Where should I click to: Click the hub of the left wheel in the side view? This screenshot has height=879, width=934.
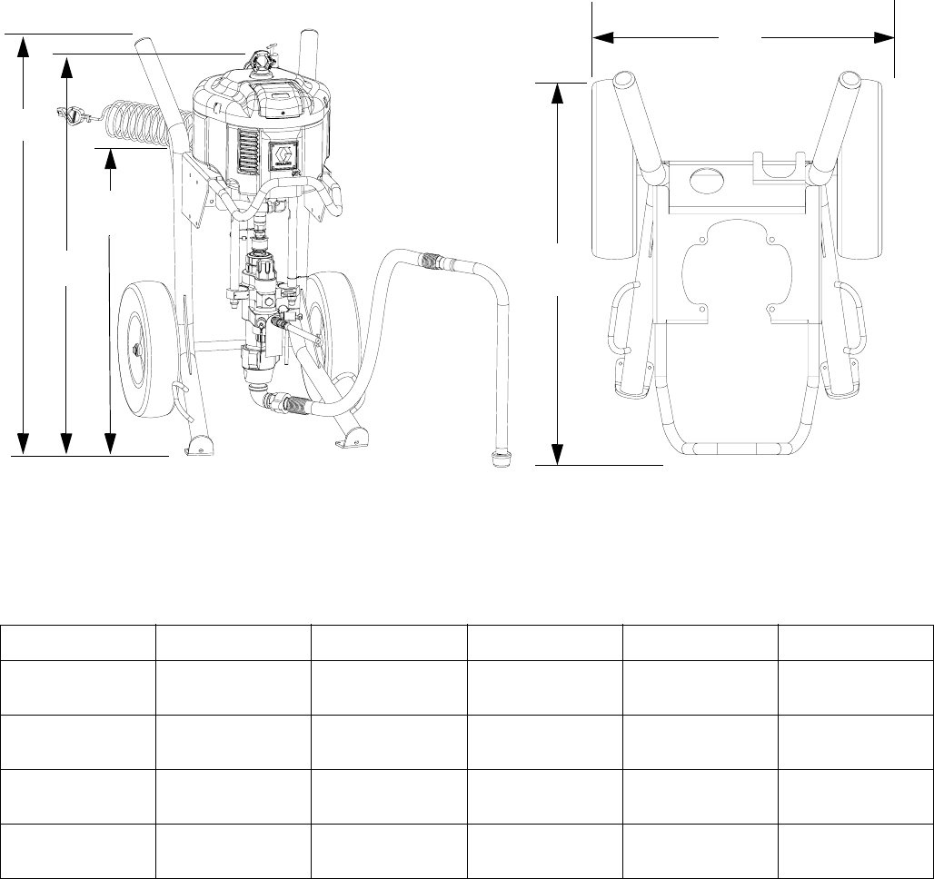[138, 348]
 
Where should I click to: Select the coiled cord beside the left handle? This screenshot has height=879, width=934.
[136, 123]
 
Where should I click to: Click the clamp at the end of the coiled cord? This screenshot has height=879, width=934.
[70, 115]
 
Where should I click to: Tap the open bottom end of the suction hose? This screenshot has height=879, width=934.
[499, 454]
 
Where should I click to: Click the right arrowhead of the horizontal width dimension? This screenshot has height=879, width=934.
[884, 38]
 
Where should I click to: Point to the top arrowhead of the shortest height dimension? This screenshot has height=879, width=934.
[111, 159]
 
